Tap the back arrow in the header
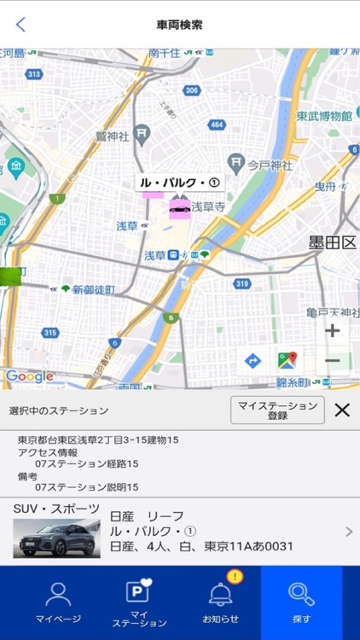pyautogui.click(x=20, y=25)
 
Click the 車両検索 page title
pyautogui.click(x=180, y=25)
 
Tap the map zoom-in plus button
pyautogui.click(x=332, y=331)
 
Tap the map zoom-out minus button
pyautogui.click(x=332, y=361)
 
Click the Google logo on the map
pyautogui.click(x=30, y=376)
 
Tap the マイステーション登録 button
pyautogui.click(x=277, y=410)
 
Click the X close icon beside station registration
pyautogui.click(x=342, y=410)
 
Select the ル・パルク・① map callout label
pyautogui.click(x=180, y=183)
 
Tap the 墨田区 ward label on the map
pyautogui.click(x=332, y=243)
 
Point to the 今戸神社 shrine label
pyautogui.click(x=270, y=163)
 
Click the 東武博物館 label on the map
pyautogui.click(x=324, y=116)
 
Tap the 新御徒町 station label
pyautogui.click(x=93, y=290)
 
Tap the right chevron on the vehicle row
pyautogui.click(x=348, y=532)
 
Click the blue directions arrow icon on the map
pyautogui.click(x=253, y=361)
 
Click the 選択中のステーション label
pyautogui.click(x=59, y=411)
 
